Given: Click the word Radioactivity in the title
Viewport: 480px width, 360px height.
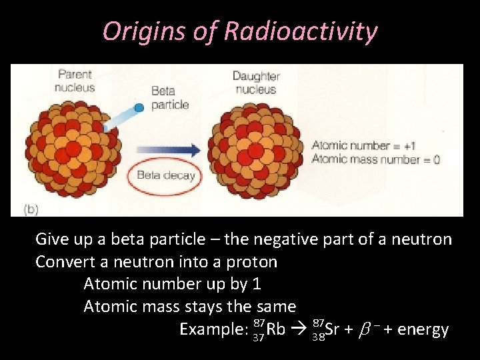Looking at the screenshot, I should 301,31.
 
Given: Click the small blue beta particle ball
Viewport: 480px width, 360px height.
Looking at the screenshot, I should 139,107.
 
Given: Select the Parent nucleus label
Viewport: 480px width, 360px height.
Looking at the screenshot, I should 75,81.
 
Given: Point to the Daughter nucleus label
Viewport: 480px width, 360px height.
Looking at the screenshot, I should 256,82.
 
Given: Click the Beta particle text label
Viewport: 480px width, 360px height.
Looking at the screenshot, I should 170,98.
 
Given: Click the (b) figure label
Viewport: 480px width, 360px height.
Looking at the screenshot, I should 31,208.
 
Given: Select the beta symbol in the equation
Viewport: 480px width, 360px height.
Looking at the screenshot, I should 364,329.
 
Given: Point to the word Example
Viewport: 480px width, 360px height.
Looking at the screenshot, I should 213,329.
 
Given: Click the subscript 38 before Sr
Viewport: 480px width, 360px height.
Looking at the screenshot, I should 319,337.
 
